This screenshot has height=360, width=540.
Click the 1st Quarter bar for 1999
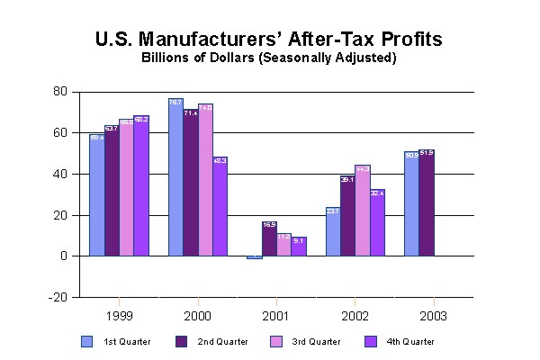coord(96,195)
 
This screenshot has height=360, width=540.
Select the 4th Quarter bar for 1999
coord(140,186)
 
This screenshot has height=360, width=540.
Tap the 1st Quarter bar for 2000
coord(175,177)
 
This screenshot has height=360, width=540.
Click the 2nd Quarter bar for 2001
coord(268,238)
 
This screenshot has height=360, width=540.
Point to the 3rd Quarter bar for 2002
coord(363,211)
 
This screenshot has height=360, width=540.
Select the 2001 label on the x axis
coord(276,316)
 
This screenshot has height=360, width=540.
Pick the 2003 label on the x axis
coord(433,316)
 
